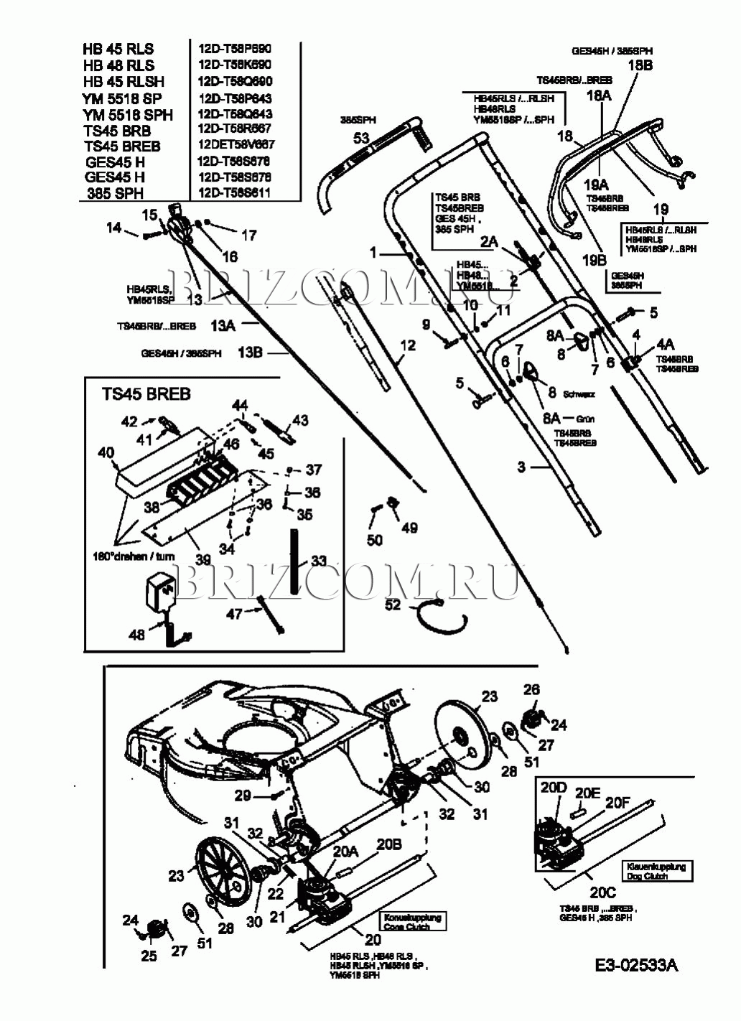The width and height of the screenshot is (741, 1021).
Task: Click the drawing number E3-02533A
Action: click(636, 965)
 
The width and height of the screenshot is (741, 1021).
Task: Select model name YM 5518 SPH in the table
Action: click(128, 114)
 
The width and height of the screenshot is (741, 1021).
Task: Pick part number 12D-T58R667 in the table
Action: click(235, 129)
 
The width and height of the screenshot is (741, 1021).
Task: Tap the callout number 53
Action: click(361, 136)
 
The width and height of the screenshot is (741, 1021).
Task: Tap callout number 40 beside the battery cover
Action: click(106, 453)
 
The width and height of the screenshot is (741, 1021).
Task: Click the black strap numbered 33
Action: click(294, 561)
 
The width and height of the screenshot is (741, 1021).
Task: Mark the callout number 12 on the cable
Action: click(407, 346)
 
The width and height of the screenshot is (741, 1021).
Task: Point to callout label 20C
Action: click(603, 892)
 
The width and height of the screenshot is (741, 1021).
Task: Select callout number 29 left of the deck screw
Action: click(243, 795)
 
